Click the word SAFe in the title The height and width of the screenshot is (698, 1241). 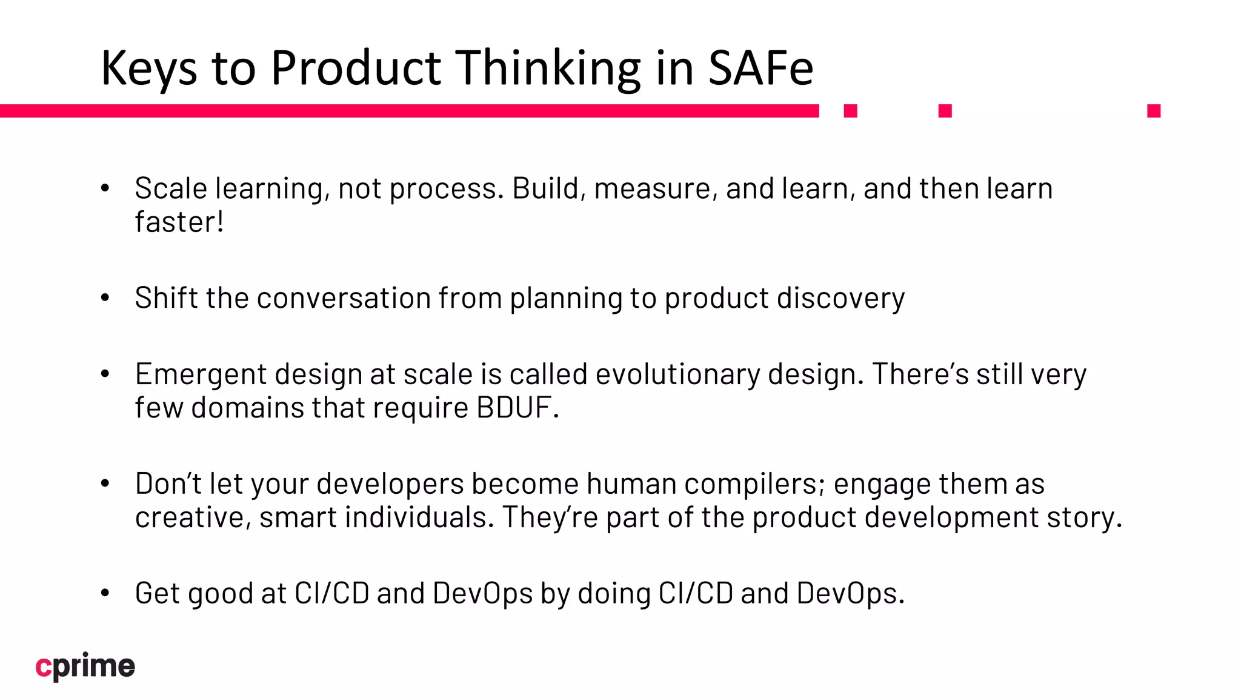tap(760, 68)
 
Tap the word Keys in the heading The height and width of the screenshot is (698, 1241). tap(149, 68)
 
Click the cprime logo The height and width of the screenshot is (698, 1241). tap(85, 666)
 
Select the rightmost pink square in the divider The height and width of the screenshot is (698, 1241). tap(1154, 111)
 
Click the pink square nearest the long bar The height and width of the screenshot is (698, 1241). tap(851, 111)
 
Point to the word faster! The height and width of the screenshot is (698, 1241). tap(179, 222)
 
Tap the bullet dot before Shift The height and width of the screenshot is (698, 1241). tap(105, 298)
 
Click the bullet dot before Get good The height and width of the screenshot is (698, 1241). tap(105, 593)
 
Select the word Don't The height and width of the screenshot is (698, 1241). tap(168, 484)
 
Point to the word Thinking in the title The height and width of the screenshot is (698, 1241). tap(548, 68)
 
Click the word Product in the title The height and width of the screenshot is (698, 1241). tap(356, 68)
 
